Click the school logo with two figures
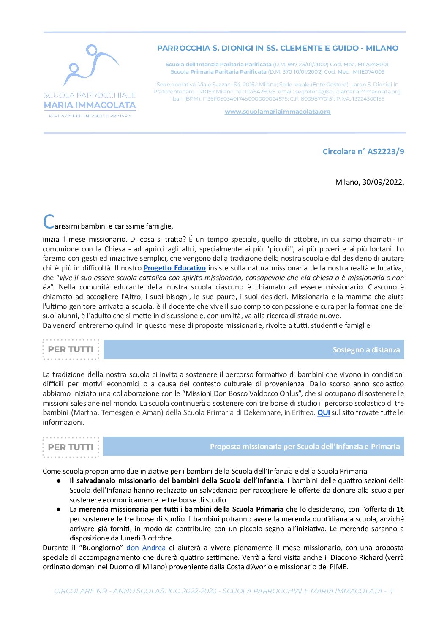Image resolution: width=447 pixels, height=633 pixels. (90, 65)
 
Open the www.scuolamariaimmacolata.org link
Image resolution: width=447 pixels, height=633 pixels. (277, 112)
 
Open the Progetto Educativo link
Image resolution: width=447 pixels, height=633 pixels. (174, 268)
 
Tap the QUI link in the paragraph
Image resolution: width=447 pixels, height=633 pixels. (323, 412)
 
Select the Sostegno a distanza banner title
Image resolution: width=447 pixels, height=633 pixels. (366, 349)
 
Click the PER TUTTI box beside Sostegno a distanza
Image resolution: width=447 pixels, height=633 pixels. (71, 349)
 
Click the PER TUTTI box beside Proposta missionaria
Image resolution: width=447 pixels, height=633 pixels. (71, 447)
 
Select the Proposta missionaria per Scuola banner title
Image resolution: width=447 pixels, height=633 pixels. (305, 447)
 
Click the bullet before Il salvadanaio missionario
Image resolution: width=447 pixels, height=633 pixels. (59, 481)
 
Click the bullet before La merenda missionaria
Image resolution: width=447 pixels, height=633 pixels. (59, 510)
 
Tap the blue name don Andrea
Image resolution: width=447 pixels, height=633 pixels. (146, 548)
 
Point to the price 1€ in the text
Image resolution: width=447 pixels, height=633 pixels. (400, 509)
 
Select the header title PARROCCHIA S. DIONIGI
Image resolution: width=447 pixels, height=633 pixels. (278, 48)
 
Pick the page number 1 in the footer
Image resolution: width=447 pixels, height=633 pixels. (391, 591)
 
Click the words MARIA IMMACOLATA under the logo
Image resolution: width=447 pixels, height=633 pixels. (90, 105)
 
